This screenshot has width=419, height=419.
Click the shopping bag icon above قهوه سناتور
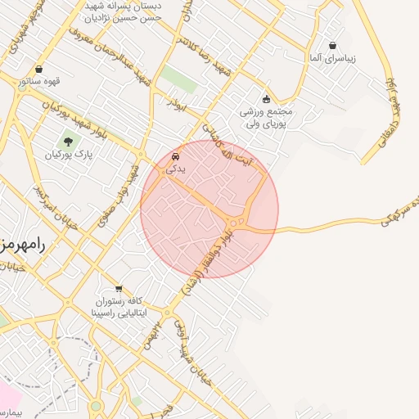pyautogui.click(x=40, y=70)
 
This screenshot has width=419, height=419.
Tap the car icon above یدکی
pyautogui.click(x=176, y=155)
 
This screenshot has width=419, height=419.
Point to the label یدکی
pyautogui.click(x=176, y=169)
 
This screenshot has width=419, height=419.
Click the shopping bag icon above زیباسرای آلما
pyautogui.click(x=332, y=46)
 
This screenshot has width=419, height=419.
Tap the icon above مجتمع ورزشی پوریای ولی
pyautogui.click(x=265, y=96)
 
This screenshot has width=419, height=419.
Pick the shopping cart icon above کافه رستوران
pyautogui.click(x=119, y=288)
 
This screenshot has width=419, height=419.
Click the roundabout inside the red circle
pyautogui.click(x=238, y=223)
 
